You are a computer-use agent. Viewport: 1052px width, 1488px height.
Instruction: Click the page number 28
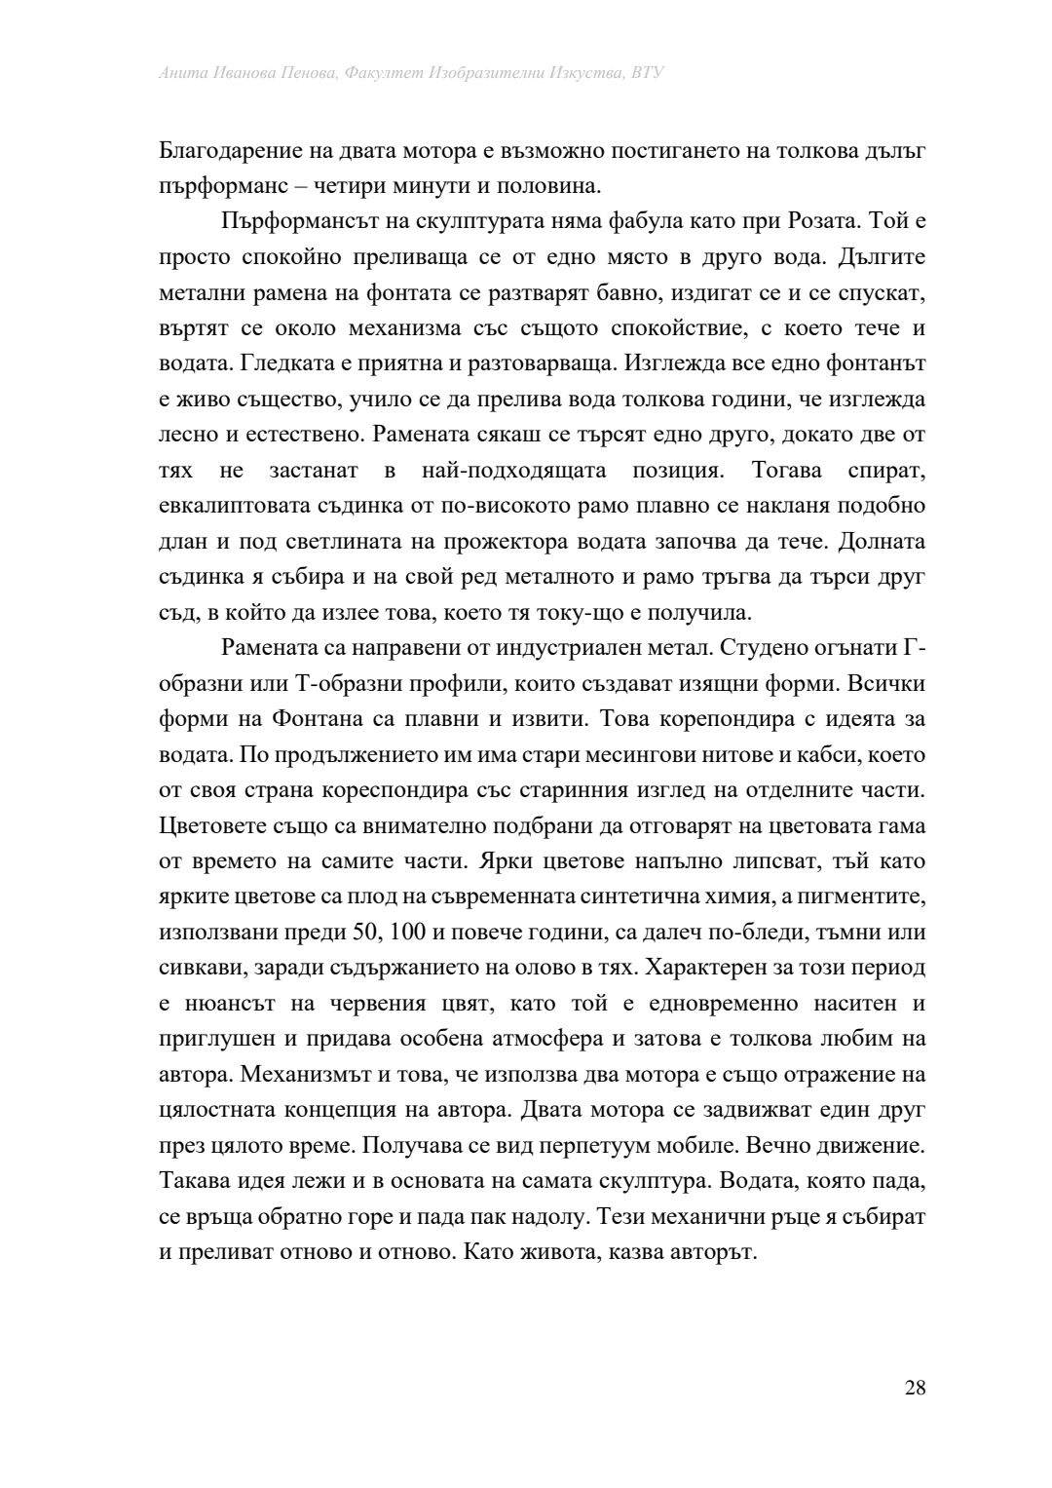(914, 1389)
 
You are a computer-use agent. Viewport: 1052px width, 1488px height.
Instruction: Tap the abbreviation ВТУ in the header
(647, 73)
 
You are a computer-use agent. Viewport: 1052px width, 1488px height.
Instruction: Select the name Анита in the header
(181, 73)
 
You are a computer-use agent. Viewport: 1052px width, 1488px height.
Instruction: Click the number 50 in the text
(365, 932)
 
